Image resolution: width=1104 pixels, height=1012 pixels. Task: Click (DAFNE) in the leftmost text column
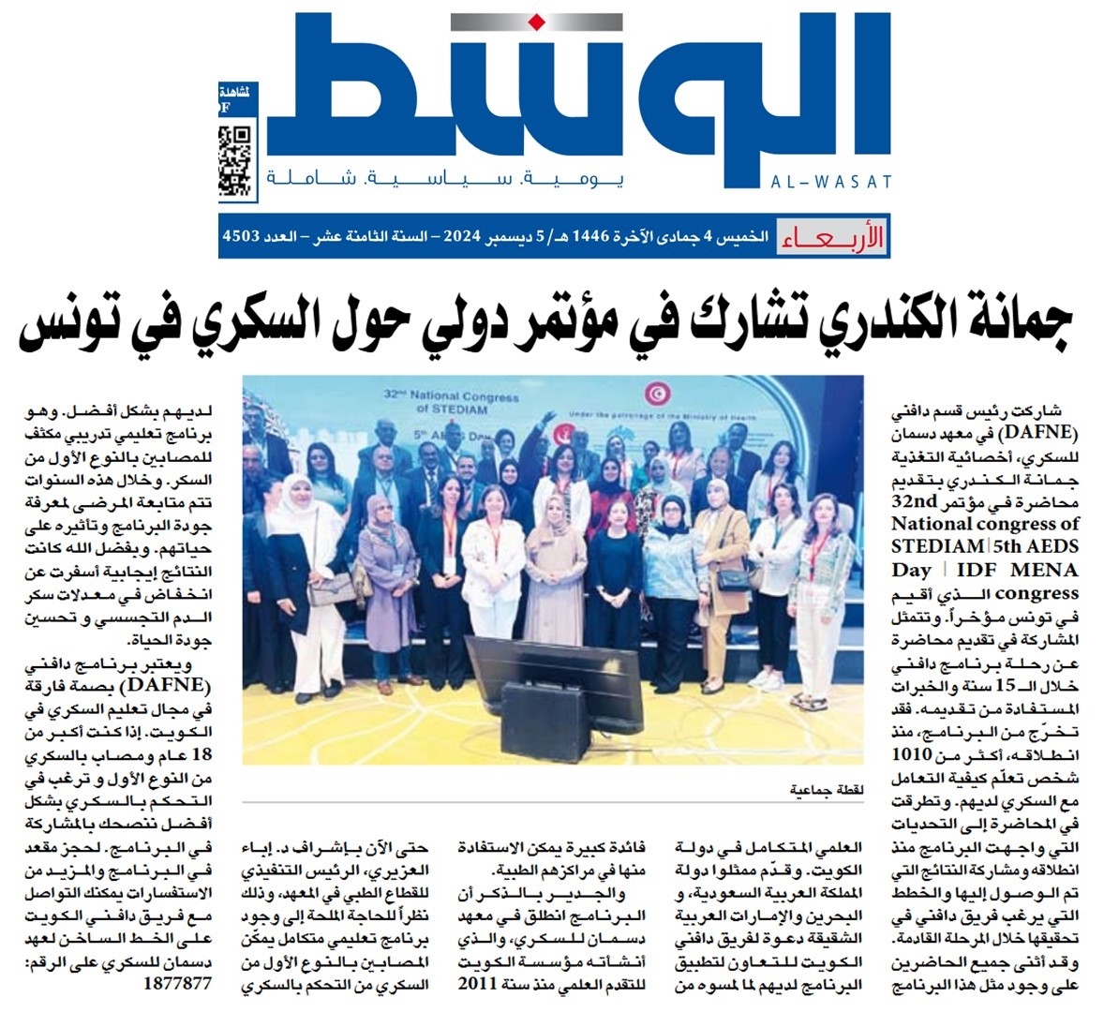(x=182, y=686)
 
